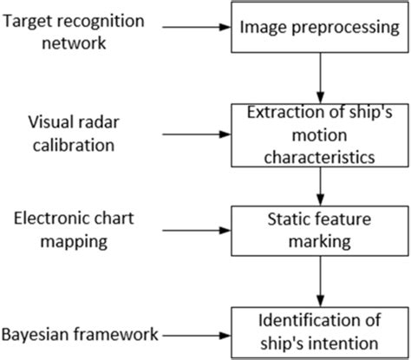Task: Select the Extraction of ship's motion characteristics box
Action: [x=322, y=134]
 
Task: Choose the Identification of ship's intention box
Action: [x=322, y=331]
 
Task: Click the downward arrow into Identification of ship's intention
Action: [x=322, y=281]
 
